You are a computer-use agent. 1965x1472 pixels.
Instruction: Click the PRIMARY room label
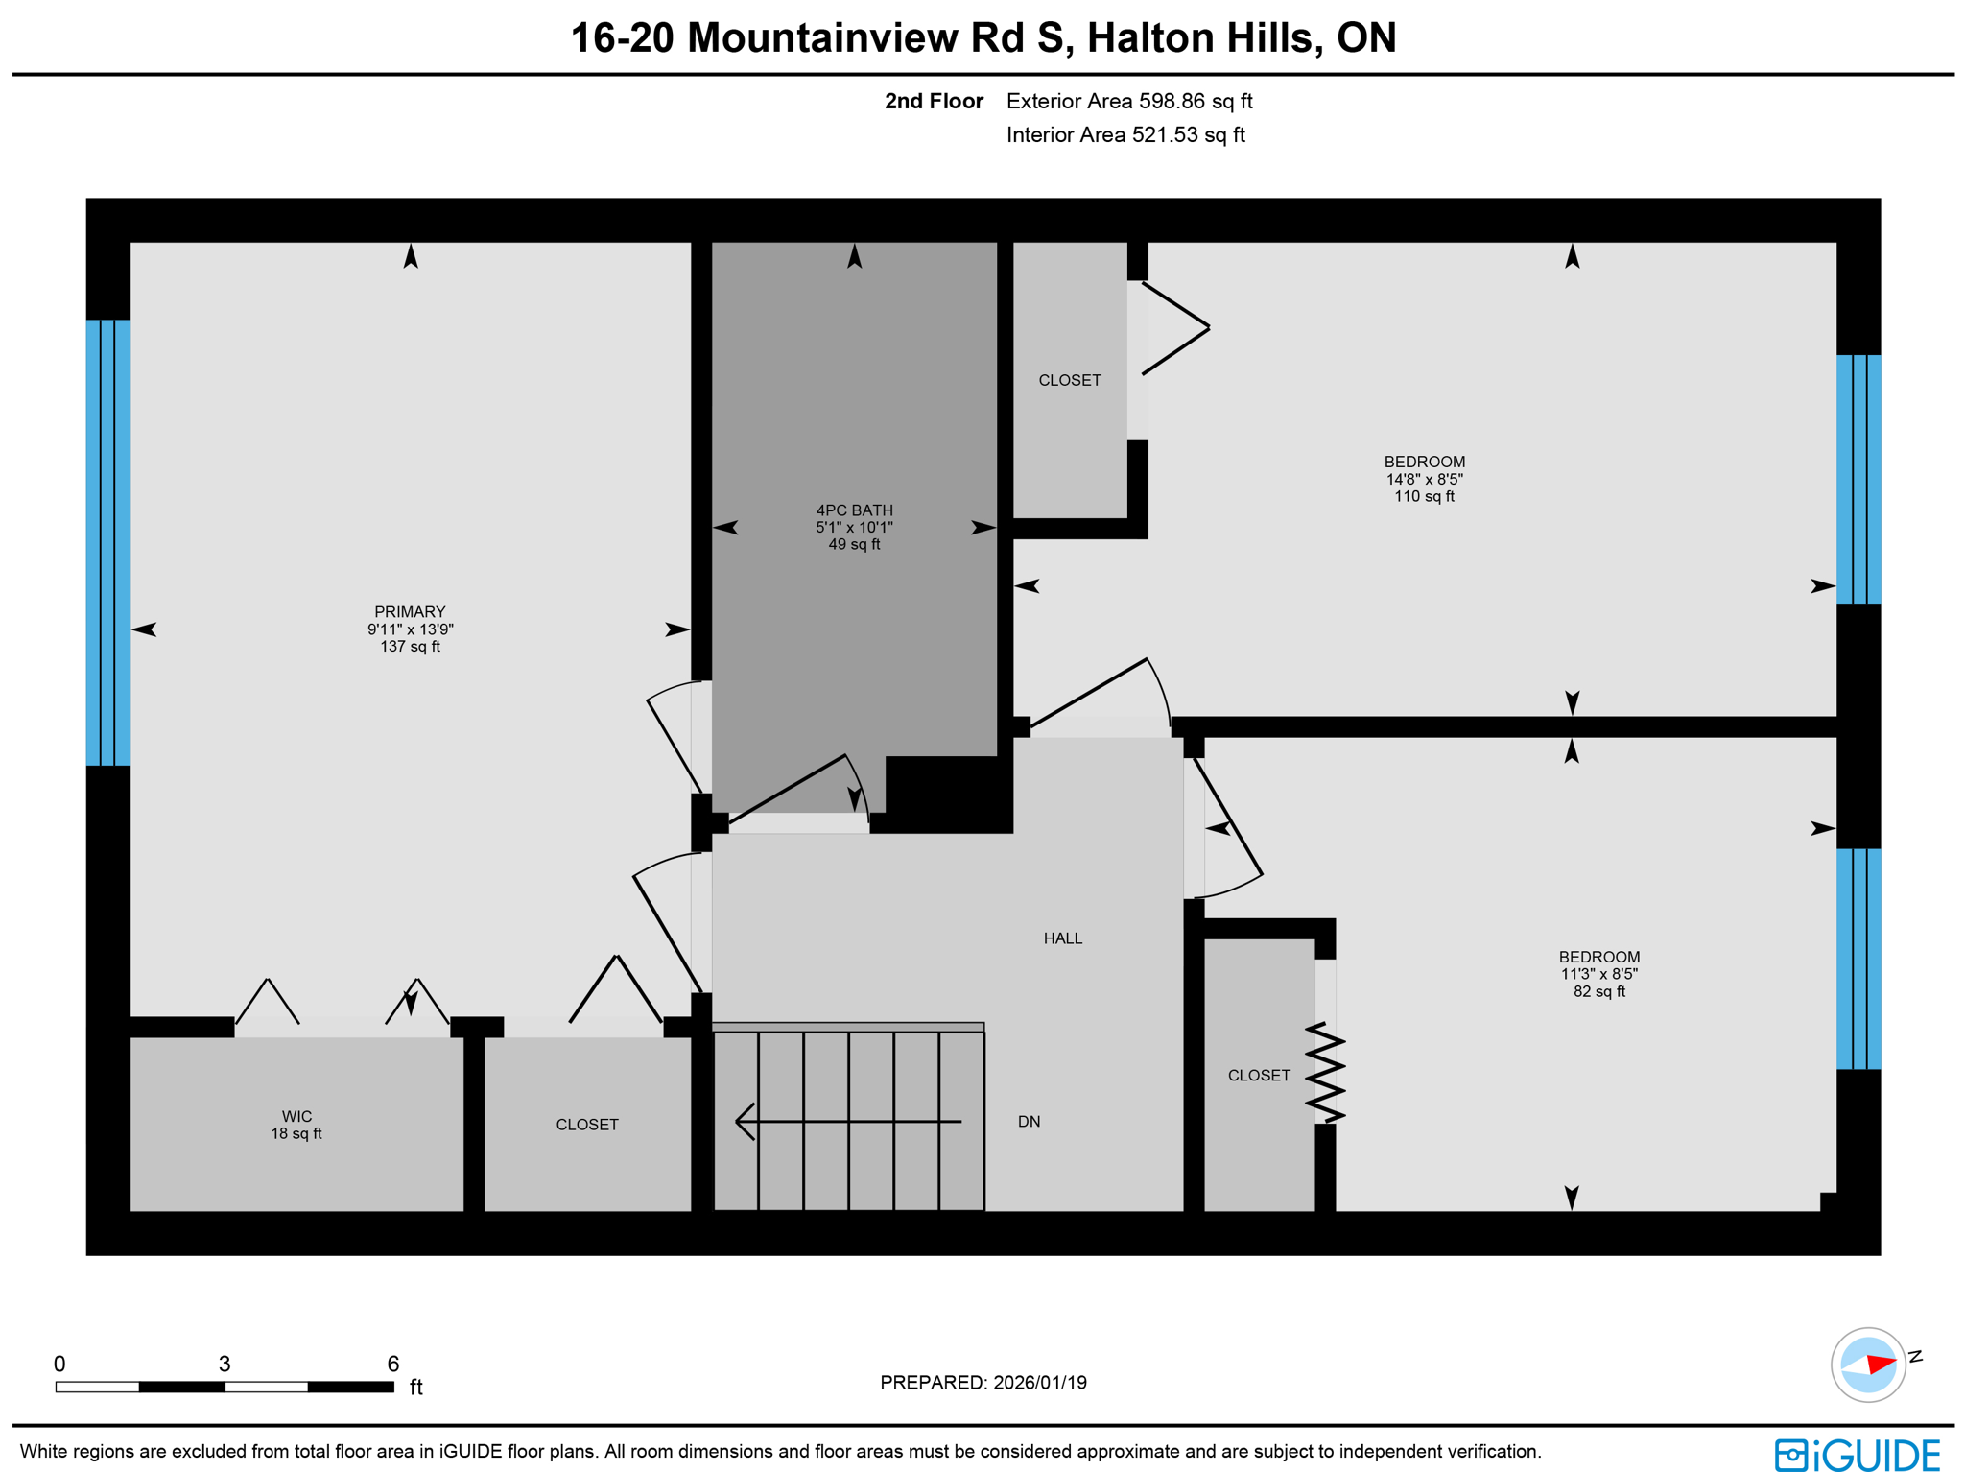point(410,612)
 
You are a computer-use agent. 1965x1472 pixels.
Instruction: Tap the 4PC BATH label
point(854,510)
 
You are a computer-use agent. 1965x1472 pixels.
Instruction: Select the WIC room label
point(296,1116)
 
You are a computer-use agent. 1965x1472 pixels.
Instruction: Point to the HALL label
point(1062,938)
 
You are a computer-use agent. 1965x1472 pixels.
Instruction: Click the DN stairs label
point(1029,1122)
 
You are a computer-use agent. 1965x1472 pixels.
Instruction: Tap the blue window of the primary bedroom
point(108,542)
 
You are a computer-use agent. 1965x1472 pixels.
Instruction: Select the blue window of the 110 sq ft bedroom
point(1858,479)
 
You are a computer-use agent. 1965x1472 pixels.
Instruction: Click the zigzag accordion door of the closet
point(1325,1073)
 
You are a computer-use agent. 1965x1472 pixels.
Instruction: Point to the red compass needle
point(1881,1364)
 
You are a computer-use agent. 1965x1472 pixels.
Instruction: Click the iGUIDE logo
point(1857,1454)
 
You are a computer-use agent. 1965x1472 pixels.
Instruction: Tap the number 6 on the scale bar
point(392,1364)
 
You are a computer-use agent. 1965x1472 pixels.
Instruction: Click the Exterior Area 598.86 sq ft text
point(1129,102)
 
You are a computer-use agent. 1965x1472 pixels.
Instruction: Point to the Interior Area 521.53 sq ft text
point(1125,135)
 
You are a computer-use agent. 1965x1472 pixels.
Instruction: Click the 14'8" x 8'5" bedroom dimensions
point(1424,479)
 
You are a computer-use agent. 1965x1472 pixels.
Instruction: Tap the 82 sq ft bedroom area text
point(1598,991)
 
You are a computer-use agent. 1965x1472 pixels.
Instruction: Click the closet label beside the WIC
point(587,1125)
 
